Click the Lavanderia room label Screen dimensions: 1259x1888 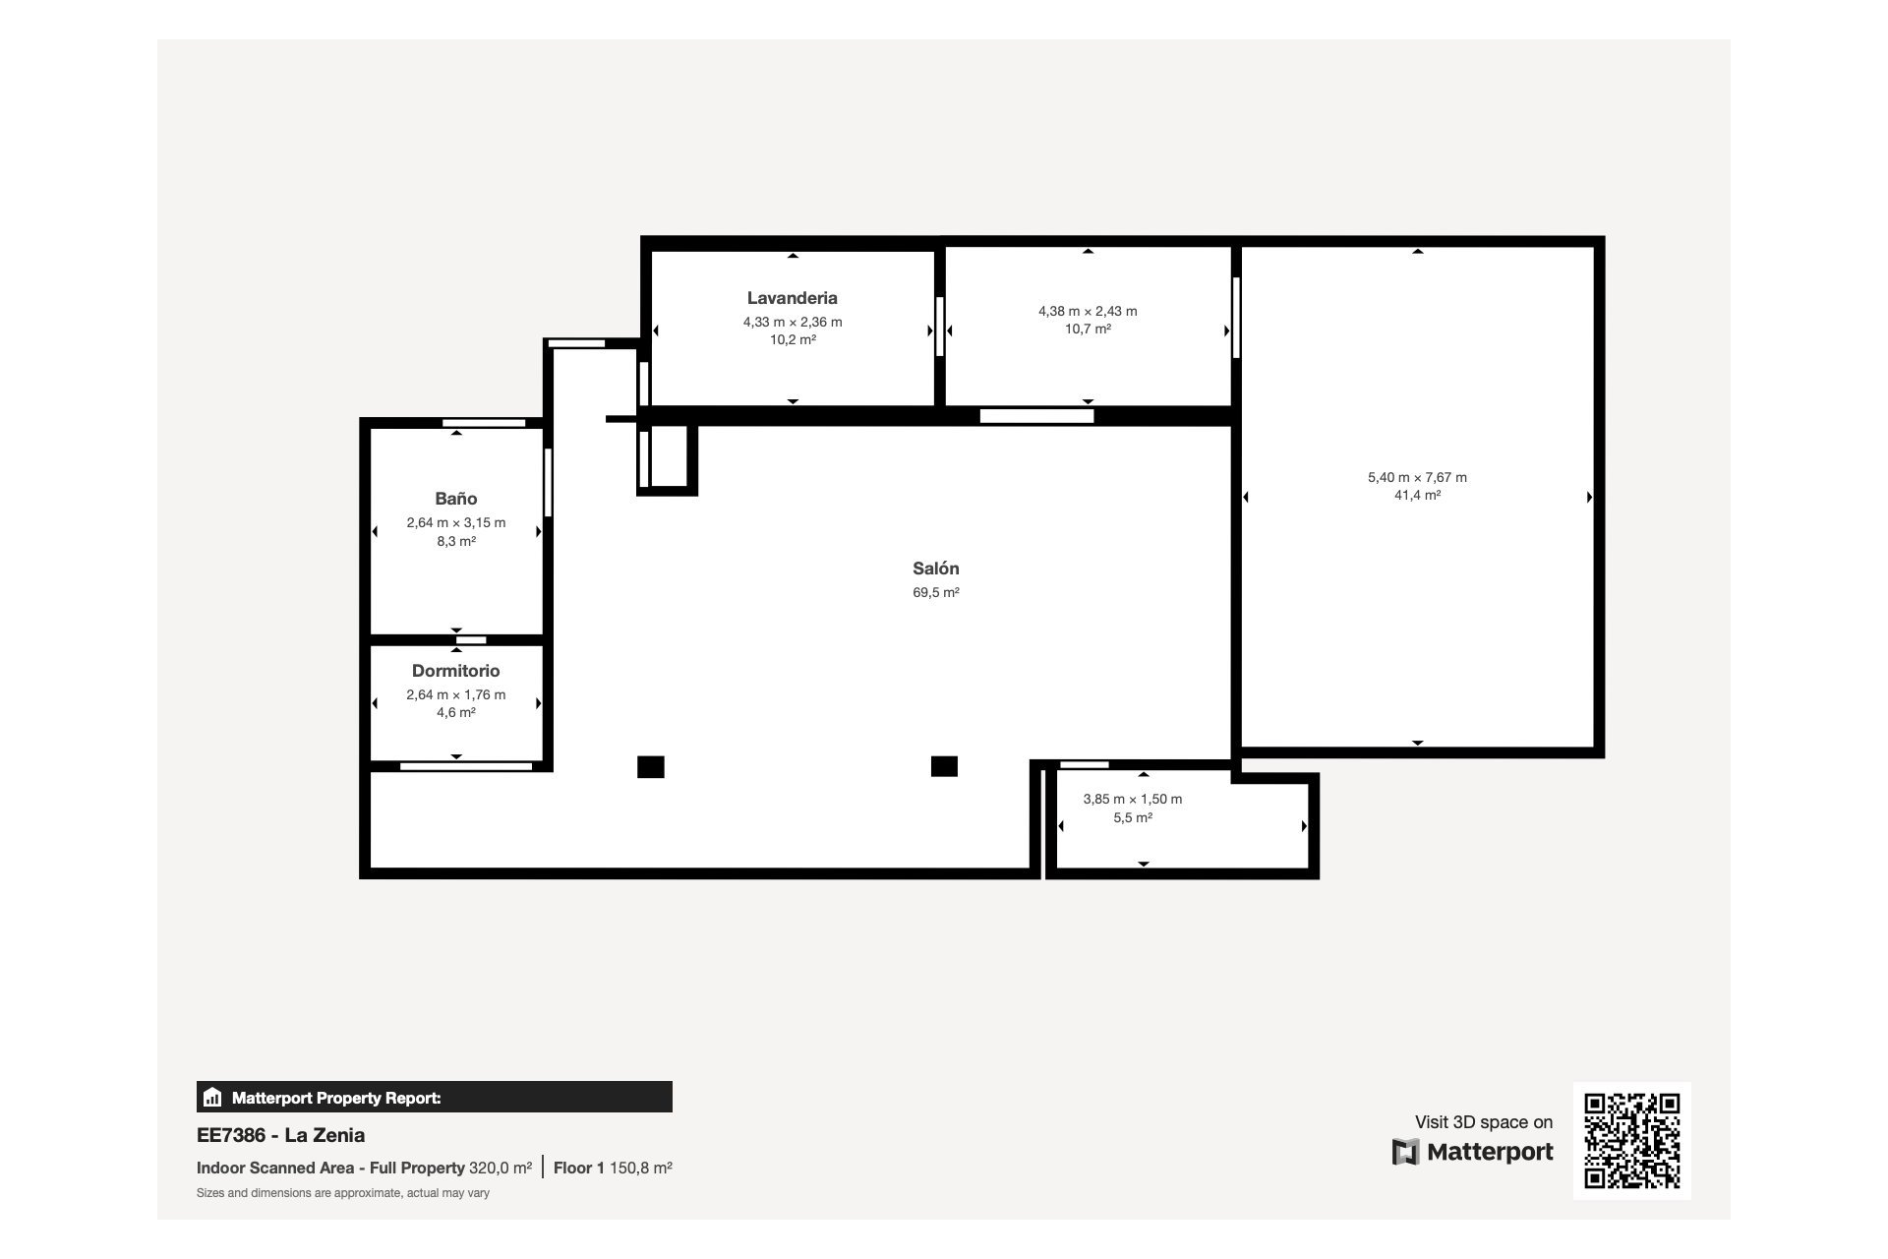click(x=792, y=298)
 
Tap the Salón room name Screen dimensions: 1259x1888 click(x=935, y=569)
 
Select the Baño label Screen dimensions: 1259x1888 click(x=456, y=499)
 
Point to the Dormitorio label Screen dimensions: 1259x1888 click(x=455, y=671)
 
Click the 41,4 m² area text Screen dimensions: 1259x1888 click(x=1417, y=496)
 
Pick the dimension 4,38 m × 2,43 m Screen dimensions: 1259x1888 click(x=1088, y=311)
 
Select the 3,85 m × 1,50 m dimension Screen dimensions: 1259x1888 click(x=1132, y=799)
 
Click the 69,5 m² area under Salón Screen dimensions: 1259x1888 click(x=935, y=592)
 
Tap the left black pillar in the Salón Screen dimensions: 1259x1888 click(x=650, y=766)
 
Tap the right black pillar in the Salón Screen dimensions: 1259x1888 click(x=944, y=765)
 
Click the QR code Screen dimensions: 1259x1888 click(x=1631, y=1140)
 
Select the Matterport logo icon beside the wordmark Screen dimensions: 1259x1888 click(x=1405, y=1152)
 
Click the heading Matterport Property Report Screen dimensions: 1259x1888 click(x=336, y=1098)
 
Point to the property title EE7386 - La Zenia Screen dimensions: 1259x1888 click(x=280, y=1135)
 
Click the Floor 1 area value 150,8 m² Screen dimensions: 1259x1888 click(x=640, y=1169)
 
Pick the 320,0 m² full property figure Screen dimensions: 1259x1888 click(x=500, y=1169)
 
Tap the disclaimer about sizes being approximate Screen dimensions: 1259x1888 click(x=342, y=1193)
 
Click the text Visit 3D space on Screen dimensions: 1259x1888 click(x=1483, y=1122)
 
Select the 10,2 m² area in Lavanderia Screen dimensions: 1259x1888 click(x=792, y=340)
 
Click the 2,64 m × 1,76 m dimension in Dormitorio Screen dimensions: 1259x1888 click(x=455, y=694)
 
